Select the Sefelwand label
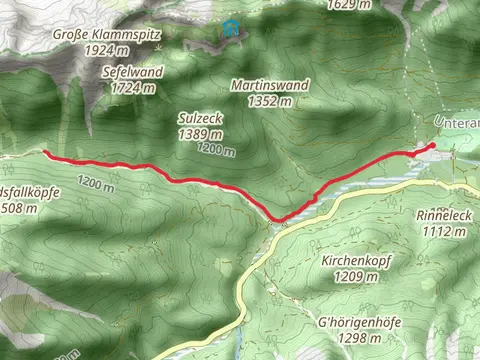[133, 73]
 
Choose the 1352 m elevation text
[270, 100]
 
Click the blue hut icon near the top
[232, 27]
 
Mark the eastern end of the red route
[432, 146]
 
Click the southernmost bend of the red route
[279, 219]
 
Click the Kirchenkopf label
[355, 260]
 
